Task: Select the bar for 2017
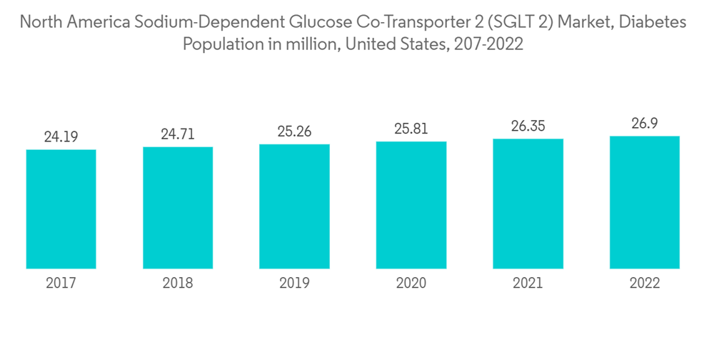[x=61, y=209]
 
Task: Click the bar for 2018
[x=178, y=207]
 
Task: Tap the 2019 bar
[x=294, y=206]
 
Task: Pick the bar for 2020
[x=411, y=204]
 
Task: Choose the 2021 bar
[x=528, y=203]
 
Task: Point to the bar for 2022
[x=644, y=201]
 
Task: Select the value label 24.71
[x=178, y=134]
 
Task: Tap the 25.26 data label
[x=294, y=132]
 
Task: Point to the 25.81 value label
[x=411, y=129]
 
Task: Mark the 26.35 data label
[x=528, y=126]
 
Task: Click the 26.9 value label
[x=644, y=124]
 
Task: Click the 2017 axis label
[x=61, y=284]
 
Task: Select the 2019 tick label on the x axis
[x=294, y=284]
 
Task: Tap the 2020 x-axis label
[x=411, y=284]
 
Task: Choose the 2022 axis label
[x=644, y=284]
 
